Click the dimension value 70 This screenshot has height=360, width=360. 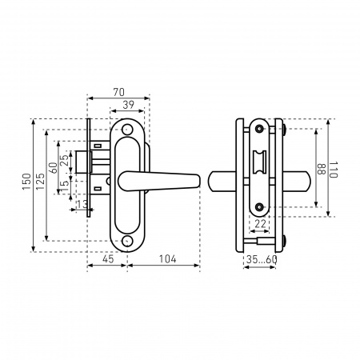point(119,92)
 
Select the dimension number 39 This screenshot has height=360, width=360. point(128,105)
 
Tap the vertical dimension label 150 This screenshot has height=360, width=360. point(26,182)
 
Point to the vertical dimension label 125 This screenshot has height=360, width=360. point(40,182)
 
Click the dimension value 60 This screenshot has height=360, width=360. point(54,168)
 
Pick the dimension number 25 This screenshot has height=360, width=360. point(64,161)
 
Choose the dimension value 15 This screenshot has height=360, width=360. point(65,185)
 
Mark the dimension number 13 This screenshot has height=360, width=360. point(82,204)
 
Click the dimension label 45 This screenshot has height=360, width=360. point(108,259)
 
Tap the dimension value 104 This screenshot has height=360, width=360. point(167,259)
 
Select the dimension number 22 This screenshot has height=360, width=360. point(260,224)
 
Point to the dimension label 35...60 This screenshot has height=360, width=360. point(262,259)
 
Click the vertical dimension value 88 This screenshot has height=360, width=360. point(321,169)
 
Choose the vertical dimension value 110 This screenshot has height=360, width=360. point(334,170)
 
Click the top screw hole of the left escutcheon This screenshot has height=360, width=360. point(127,130)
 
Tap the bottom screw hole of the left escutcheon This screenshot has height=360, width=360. point(127,241)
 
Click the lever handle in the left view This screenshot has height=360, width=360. point(159,181)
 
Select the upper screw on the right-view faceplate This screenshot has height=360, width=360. point(259,129)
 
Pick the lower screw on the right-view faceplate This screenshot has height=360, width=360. point(259,206)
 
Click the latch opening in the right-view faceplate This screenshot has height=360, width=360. point(259,162)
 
